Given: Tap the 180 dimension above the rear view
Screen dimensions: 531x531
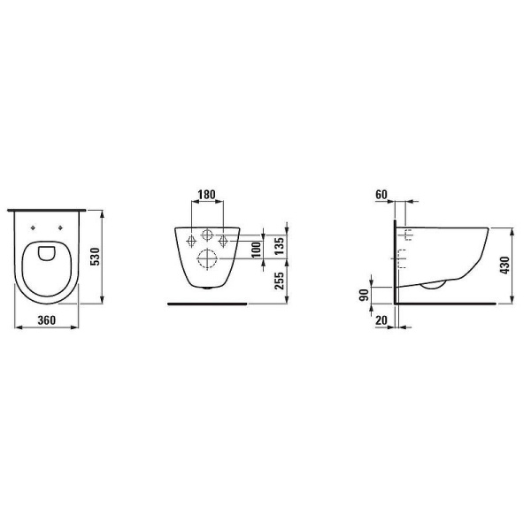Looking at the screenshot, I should (x=206, y=195).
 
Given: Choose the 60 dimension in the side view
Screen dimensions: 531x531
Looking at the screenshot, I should (x=381, y=194).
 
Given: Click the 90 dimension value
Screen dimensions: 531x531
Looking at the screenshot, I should (x=364, y=295).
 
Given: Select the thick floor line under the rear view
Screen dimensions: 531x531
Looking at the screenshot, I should (x=207, y=302).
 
